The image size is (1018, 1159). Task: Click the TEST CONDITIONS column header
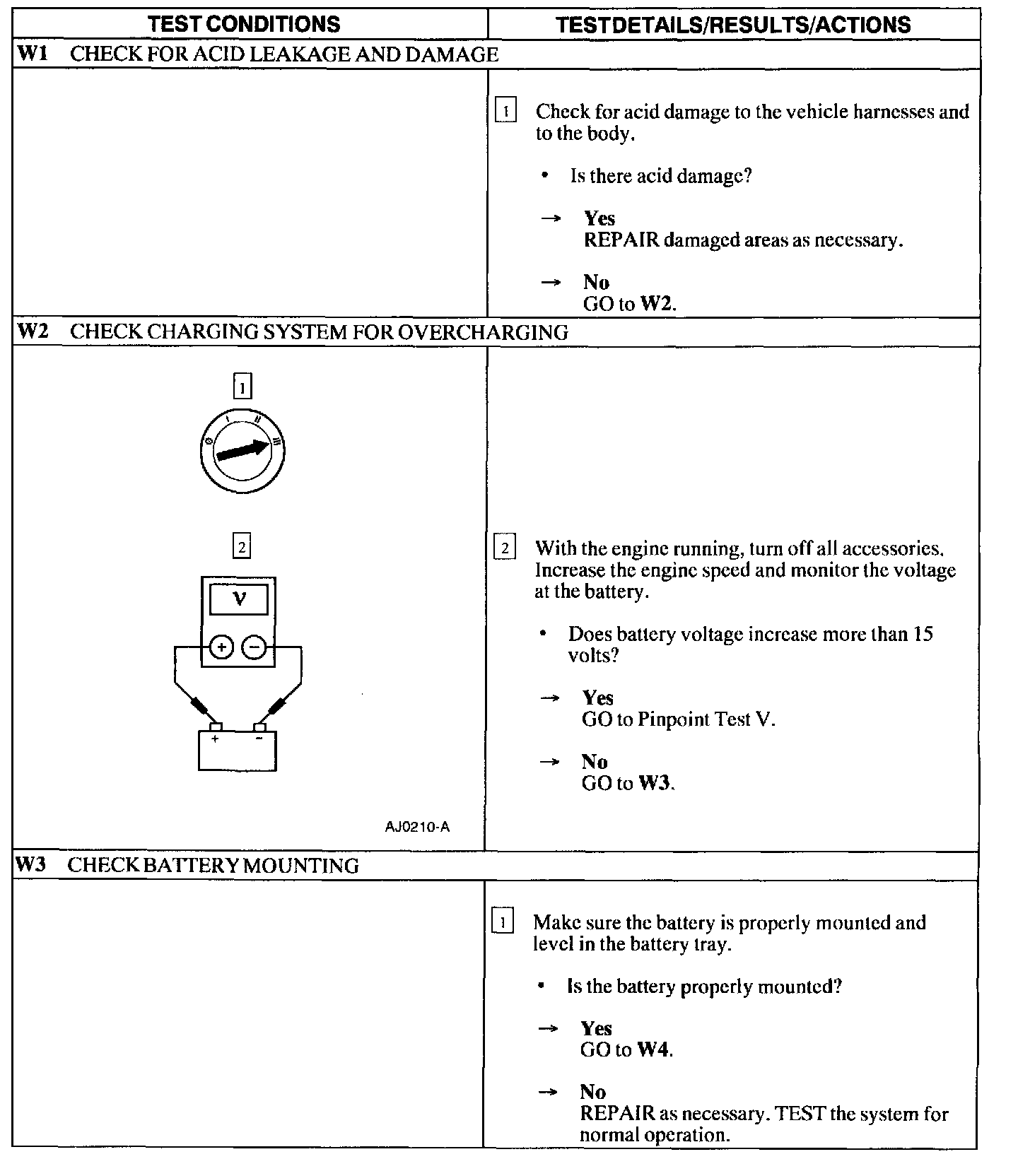pyautogui.click(x=244, y=24)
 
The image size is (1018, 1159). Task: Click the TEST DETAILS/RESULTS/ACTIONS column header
pyautogui.click(x=733, y=25)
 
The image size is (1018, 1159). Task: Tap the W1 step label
pyautogui.click(x=32, y=54)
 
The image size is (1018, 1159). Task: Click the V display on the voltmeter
pyautogui.click(x=239, y=599)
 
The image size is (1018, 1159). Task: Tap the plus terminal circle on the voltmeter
pyautogui.click(x=221, y=647)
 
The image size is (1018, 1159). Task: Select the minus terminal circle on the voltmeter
pyautogui.click(x=255, y=647)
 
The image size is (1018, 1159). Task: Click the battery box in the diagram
pyautogui.click(x=238, y=751)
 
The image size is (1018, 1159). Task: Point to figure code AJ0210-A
pyautogui.click(x=417, y=826)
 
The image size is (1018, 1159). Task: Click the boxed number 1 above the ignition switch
pyautogui.click(x=242, y=387)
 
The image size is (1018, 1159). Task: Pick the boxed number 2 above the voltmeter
pyautogui.click(x=242, y=546)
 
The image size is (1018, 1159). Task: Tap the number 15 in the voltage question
pyautogui.click(x=923, y=634)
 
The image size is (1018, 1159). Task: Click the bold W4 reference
pyautogui.click(x=653, y=1049)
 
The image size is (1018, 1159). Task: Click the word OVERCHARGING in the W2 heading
pyautogui.click(x=483, y=331)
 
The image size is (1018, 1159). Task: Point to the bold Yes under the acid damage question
pyautogui.click(x=599, y=218)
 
